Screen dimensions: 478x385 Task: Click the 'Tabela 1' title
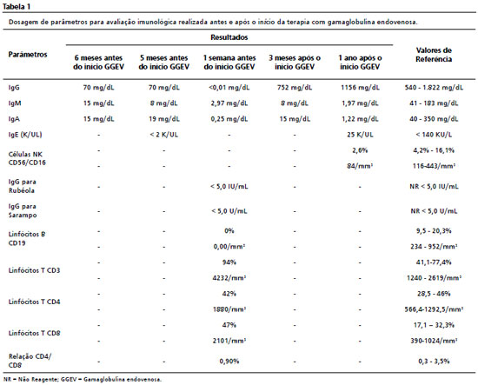pyautogui.click(x=17, y=6)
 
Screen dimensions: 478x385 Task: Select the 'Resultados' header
pyautogui.click(x=229, y=37)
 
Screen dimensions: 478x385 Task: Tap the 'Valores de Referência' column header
pyautogui.click(x=434, y=55)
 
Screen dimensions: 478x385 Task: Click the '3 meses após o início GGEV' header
pyautogui.click(x=295, y=63)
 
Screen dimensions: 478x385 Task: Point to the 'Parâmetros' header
pyautogui.click(x=28, y=55)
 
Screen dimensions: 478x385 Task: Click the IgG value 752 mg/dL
pyautogui.click(x=295, y=88)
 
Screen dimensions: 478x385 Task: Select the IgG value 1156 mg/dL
pyautogui.click(x=360, y=88)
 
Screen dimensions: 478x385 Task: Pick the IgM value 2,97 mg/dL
pyautogui.click(x=229, y=103)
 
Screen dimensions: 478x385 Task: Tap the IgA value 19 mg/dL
pyautogui.click(x=164, y=119)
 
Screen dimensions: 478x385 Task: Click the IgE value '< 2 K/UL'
pyautogui.click(x=164, y=135)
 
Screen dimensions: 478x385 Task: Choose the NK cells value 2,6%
pyautogui.click(x=360, y=150)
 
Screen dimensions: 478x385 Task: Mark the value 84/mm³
pyautogui.click(x=360, y=166)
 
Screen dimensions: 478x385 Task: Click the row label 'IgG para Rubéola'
pyautogui.click(x=22, y=186)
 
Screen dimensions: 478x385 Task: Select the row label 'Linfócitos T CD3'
pyautogui.click(x=34, y=270)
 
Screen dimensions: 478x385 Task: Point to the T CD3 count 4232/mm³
pyautogui.click(x=229, y=278)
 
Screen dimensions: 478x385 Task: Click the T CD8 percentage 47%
pyautogui.click(x=229, y=325)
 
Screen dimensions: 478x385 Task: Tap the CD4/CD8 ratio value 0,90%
pyautogui.click(x=229, y=362)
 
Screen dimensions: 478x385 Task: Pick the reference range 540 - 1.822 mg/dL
pyautogui.click(x=434, y=88)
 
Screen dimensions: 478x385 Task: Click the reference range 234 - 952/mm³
pyautogui.click(x=434, y=247)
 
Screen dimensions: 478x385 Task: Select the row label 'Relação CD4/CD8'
pyautogui.click(x=30, y=361)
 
